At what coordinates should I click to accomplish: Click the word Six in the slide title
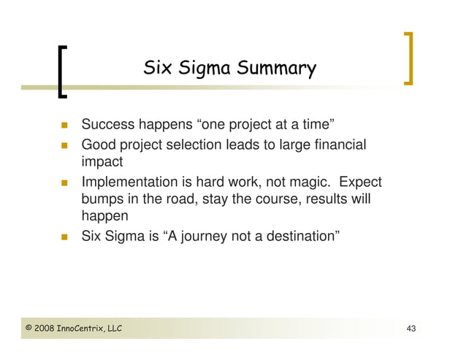(x=156, y=69)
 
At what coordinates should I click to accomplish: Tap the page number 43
(x=410, y=329)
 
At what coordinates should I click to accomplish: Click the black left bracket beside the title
(x=62, y=71)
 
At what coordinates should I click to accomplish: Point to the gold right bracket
(x=408, y=58)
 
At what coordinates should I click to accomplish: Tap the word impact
(x=102, y=162)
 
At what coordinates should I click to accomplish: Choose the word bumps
(x=103, y=199)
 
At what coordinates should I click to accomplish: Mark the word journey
(x=207, y=237)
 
